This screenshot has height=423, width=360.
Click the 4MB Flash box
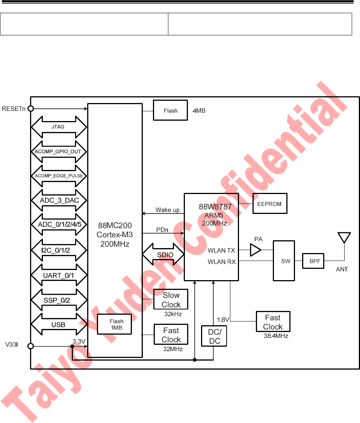(x=170, y=111)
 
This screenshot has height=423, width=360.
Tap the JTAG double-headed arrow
(x=59, y=127)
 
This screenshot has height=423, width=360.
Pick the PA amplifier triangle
(x=256, y=249)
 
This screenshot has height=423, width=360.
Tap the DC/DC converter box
(x=215, y=336)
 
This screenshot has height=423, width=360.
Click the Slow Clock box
(x=171, y=300)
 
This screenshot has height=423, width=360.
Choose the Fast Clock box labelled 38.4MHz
(x=273, y=322)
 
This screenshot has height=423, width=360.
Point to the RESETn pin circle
(x=31, y=109)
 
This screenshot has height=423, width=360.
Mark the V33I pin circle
(x=31, y=346)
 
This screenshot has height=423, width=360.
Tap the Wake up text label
(x=167, y=210)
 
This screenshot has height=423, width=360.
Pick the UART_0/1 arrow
(x=59, y=276)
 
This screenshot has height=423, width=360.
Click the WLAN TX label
(x=221, y=250)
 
